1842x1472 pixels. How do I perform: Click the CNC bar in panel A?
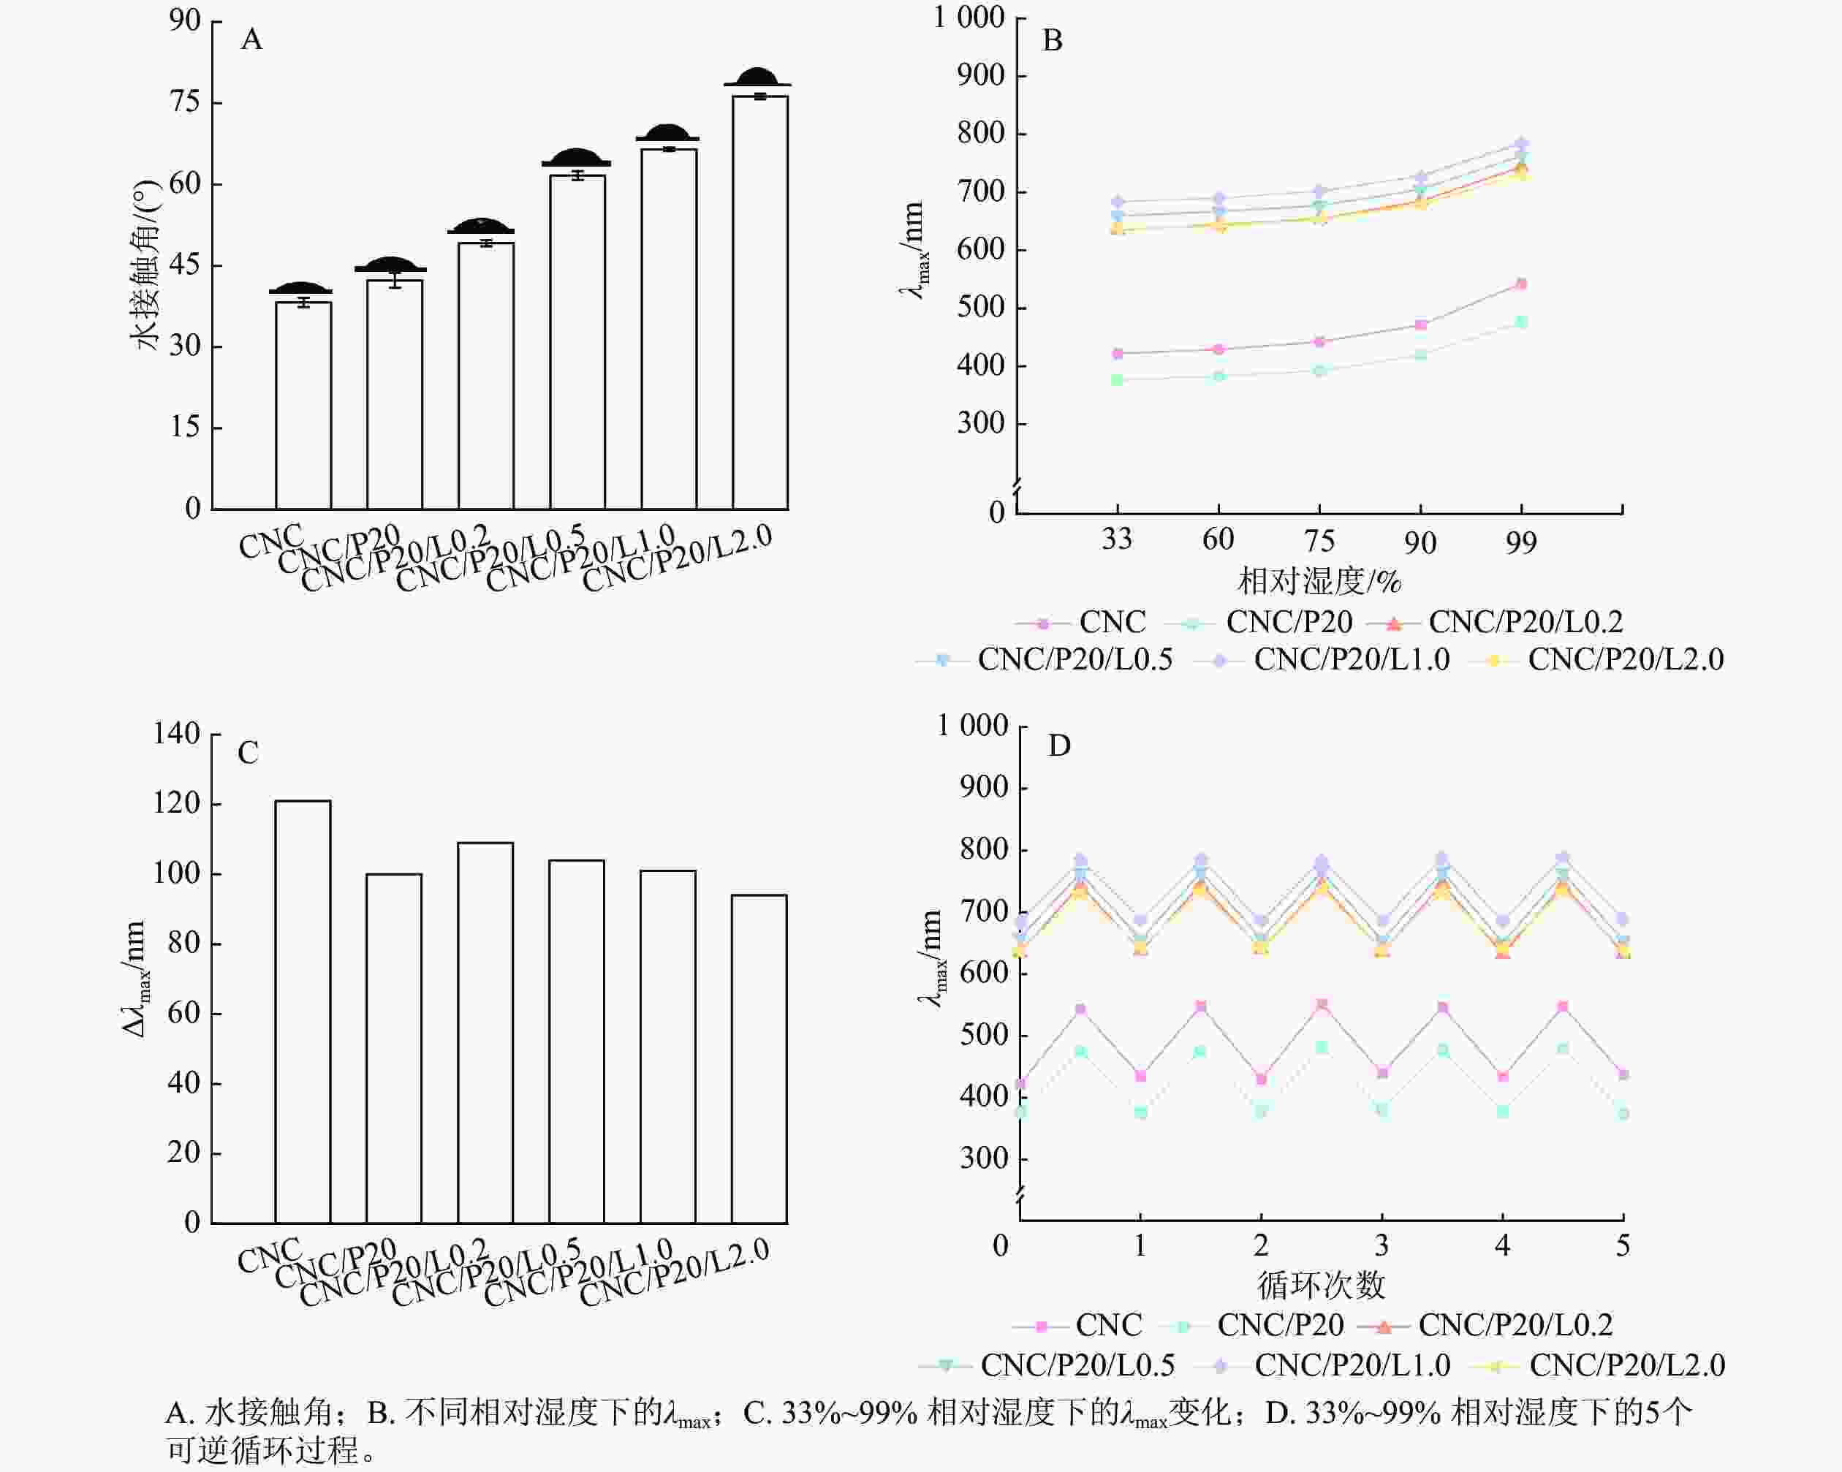pyautogui.click(x=303, y=406)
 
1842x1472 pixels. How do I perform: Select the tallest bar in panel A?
pyautogui.click(x=759, y=303)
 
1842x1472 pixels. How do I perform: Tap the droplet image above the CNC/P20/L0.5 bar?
pyautogui.click(x=576, y=159)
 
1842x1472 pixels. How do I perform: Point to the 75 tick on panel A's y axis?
pyautogui.click(x=184, y=102)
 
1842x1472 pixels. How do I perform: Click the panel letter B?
pyautogui.click(x=1052, y=41)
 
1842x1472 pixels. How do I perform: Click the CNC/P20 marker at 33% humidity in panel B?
pyautogui.click(x=1117, y=379)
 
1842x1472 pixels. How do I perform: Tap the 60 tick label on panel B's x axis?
pyautogui.click(x=1218, y=540)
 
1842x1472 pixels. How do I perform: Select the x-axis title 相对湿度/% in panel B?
pyautogui.click(x=1319, y=582)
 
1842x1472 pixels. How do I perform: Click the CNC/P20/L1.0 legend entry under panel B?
pyautogui.click(x=1351, y=659)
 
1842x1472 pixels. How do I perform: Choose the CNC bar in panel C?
pyautogui.click(x=303, y=1012)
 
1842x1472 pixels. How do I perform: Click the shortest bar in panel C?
pyautogui.click(x=759, y=1058)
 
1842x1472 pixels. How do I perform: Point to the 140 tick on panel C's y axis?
pyautogui.click(x=176, y=734)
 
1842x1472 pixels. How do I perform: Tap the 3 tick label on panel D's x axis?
pyautogui.click(x=1381, y=1246)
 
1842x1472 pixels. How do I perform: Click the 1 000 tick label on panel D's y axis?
pyautogui.click(x=972, y=726)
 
